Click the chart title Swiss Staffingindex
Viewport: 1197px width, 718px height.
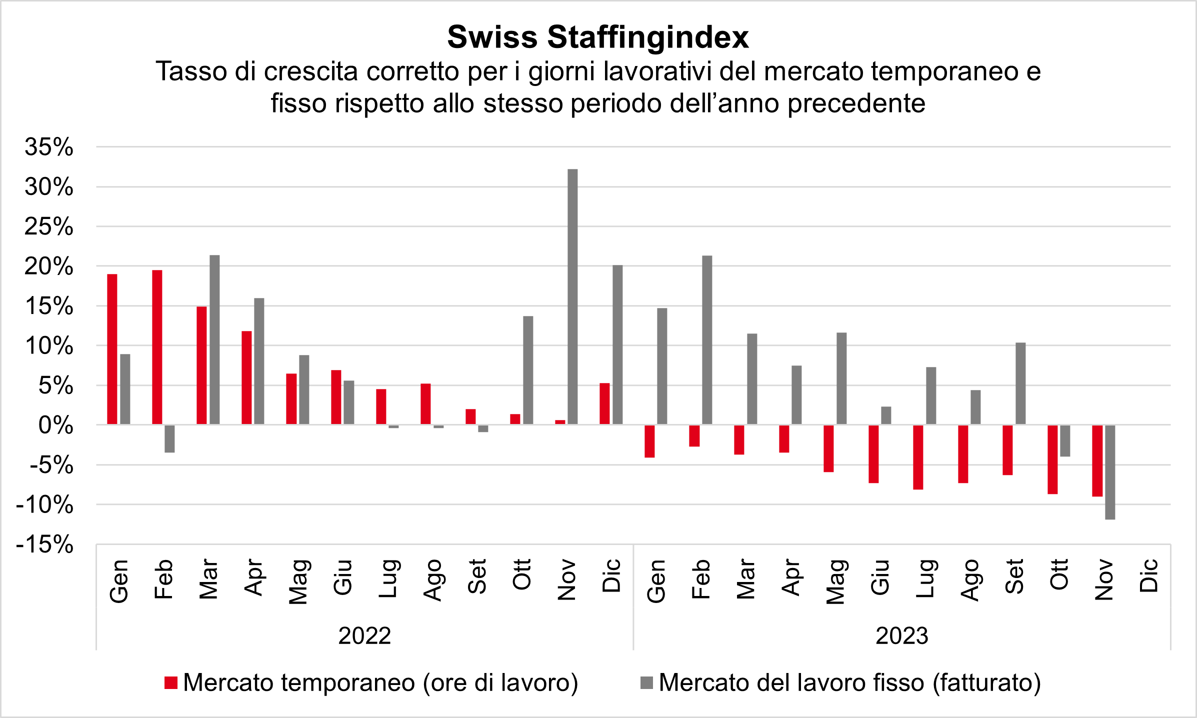point(598,37)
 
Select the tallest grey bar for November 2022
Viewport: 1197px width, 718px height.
point(572,296)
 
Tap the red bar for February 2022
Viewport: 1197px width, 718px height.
point(157,347)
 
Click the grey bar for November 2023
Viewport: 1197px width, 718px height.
point(1110,472)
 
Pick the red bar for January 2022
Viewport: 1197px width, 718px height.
point(112,349)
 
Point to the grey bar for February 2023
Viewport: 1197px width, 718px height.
point(707,340)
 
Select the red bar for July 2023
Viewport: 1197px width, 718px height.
point(918,457)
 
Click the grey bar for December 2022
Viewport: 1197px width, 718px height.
point(617,344)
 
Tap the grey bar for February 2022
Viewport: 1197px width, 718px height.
point(169,438)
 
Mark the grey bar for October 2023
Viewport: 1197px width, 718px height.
point(1065,440)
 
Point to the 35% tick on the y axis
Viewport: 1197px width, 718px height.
point(49,147)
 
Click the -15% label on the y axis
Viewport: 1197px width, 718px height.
point(45,544)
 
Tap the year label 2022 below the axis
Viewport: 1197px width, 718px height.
point(364,636)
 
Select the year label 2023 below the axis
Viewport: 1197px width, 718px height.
point(902,636)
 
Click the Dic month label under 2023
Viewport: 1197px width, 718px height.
point(1148,575)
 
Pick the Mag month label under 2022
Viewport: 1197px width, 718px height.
point(298,581)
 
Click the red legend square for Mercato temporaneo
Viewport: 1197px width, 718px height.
point(171,682)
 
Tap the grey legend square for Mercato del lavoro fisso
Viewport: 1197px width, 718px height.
point(646,682)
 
